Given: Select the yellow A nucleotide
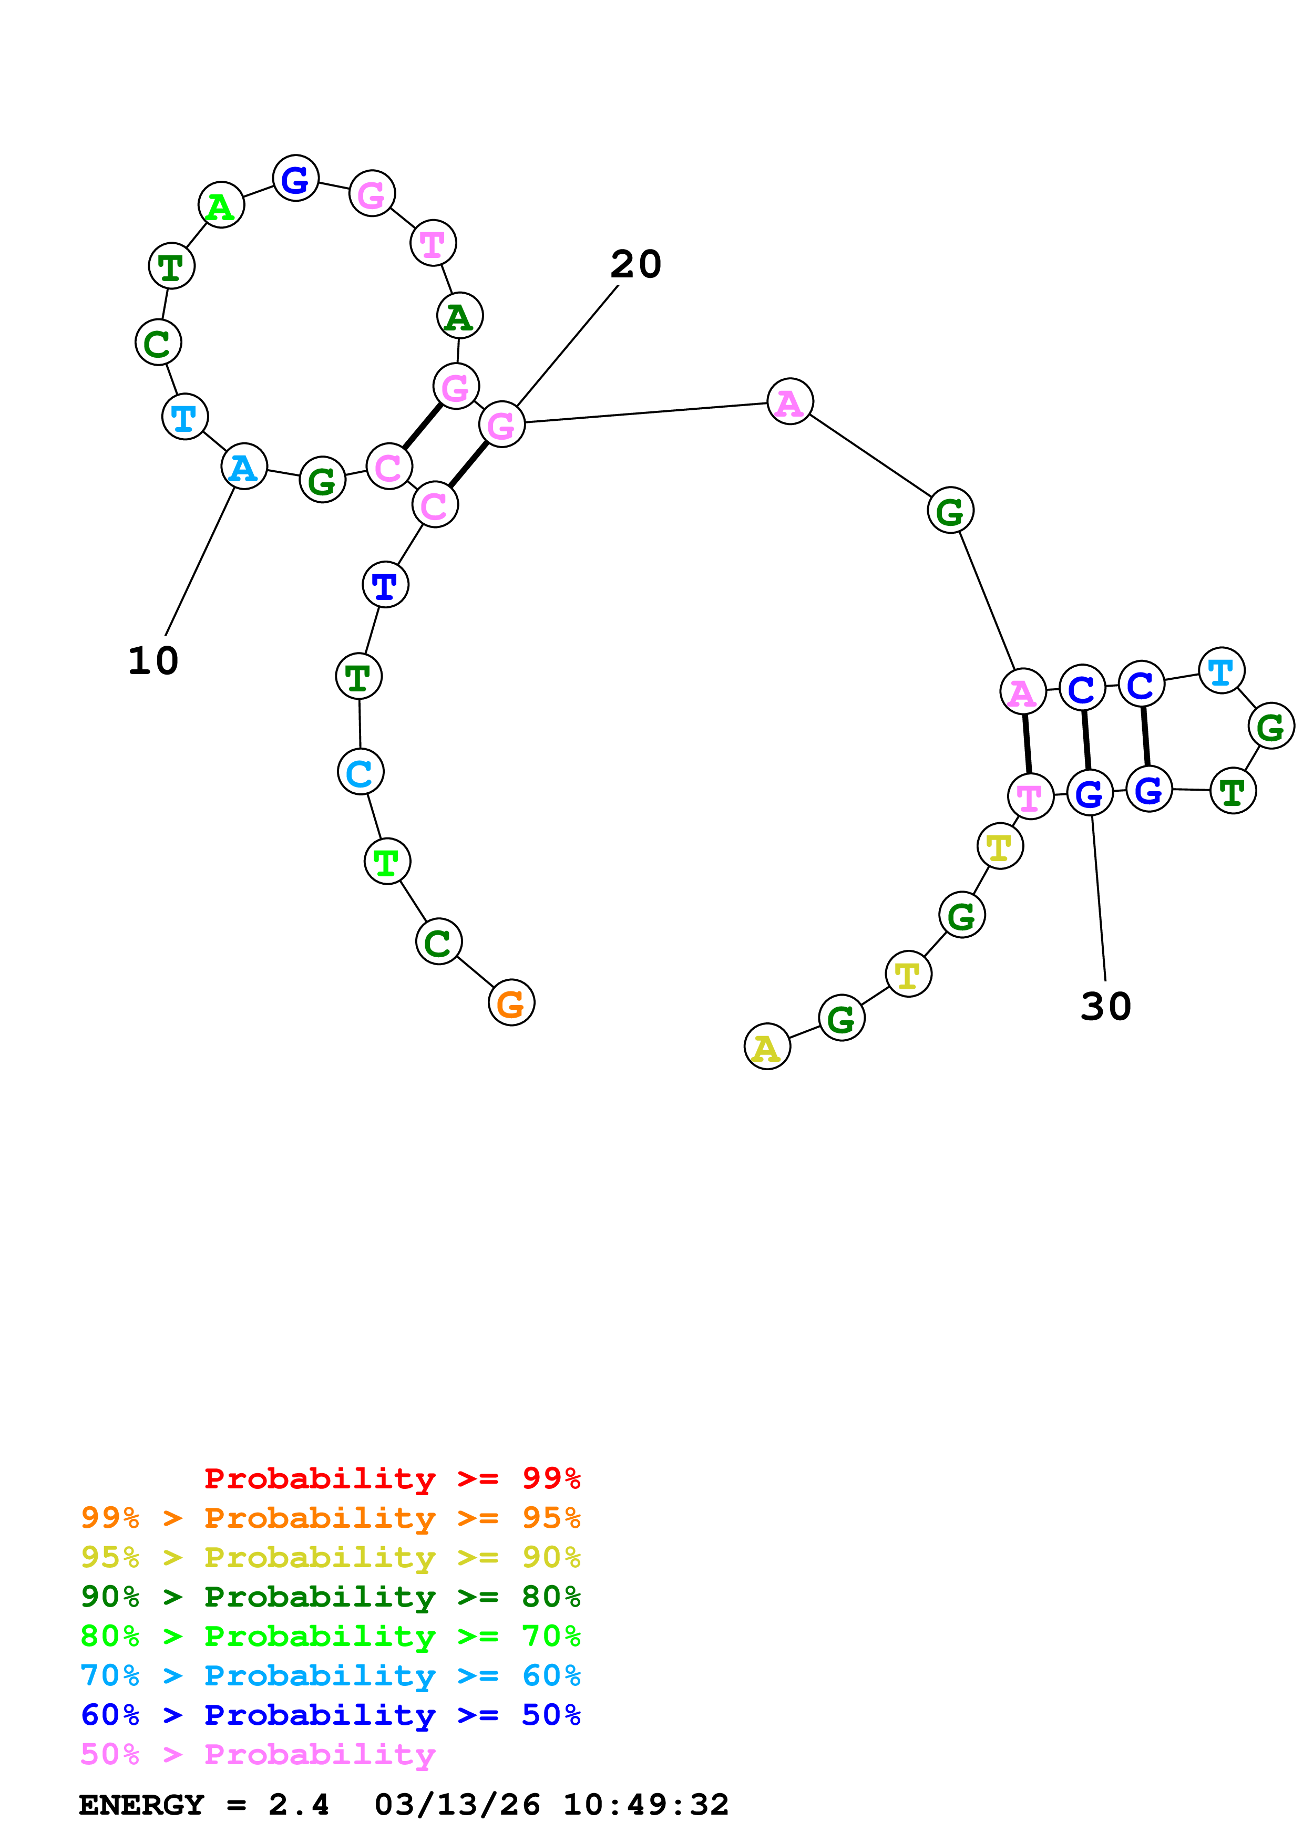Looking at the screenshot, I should (x=767, y=1047).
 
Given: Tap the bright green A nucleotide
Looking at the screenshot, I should (x=221, y=205).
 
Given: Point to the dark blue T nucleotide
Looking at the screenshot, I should (x=385, y=585).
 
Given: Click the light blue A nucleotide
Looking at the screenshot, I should (x=244, y=467).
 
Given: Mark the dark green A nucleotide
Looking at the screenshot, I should (x=459, y=316).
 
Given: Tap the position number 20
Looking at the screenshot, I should (x=636, y=264).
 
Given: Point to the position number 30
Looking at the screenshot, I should (x=1105, y=1007).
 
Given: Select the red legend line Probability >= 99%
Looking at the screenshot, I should (x=392, y=1478).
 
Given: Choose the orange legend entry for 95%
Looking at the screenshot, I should (x=330, y=1518).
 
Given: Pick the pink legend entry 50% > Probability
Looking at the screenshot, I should (x=258, y=1755).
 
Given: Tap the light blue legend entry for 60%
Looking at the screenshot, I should (x=330, y=1675).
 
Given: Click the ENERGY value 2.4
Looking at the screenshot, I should (x=299, y=1805).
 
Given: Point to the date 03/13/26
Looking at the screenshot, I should (x=457, y=1805).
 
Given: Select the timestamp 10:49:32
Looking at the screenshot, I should (x=645, y=1805).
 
